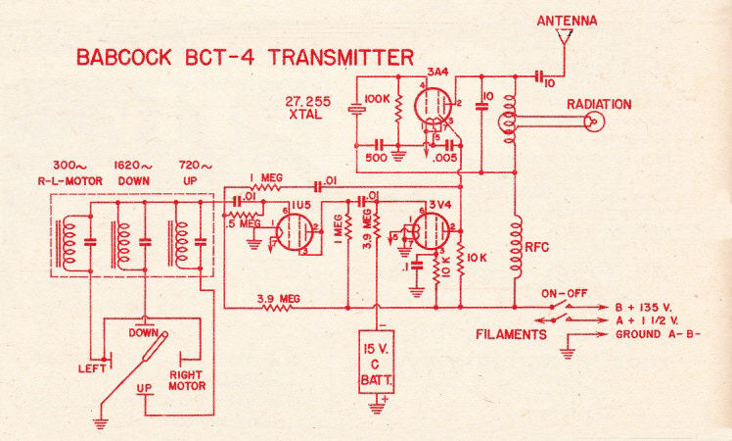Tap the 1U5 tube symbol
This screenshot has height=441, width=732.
tap(293, 233)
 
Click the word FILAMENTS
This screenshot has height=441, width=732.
tap(512, 334)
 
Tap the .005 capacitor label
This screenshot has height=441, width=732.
tap(442, 155)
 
